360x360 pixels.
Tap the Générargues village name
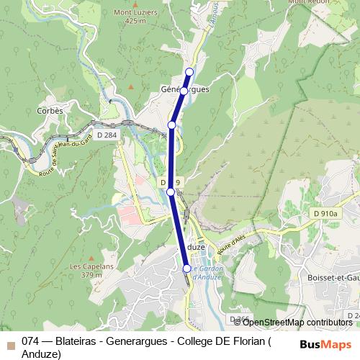(x=184, y=89)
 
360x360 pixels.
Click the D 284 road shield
(x=106, y=135)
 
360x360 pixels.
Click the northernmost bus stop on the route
(x=190, y=71)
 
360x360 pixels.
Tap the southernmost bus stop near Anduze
(x=187, y=269)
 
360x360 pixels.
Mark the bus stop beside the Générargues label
(x=184, y=91)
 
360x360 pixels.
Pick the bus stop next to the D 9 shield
(x=170, y=192)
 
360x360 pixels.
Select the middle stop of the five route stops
(x=171, y=125)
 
